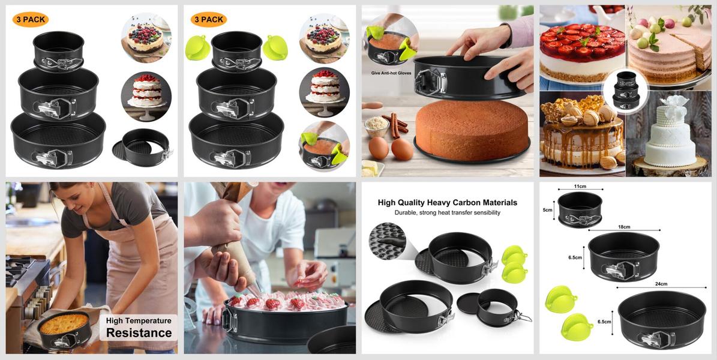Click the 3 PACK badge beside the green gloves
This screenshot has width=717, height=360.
click(x=209, y=20)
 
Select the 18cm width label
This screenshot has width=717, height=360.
click(x=624, y=227)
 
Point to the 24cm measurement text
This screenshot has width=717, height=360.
click(x=661, y=284)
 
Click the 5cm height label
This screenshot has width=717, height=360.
click(x=548, y=210)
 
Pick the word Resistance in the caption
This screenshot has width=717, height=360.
click(x=139, y=332)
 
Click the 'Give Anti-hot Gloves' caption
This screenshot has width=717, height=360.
click(x=391, y=73)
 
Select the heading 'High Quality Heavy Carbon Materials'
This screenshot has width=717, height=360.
click(x=447, y=202)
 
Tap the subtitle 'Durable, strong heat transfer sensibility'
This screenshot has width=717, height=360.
click(x=447, y=213)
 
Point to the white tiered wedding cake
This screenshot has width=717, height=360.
click(x=670, y=132)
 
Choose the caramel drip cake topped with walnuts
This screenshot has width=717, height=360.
click(x=581, y=133)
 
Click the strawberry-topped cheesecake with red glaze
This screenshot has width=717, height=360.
click(x=582, y=51)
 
